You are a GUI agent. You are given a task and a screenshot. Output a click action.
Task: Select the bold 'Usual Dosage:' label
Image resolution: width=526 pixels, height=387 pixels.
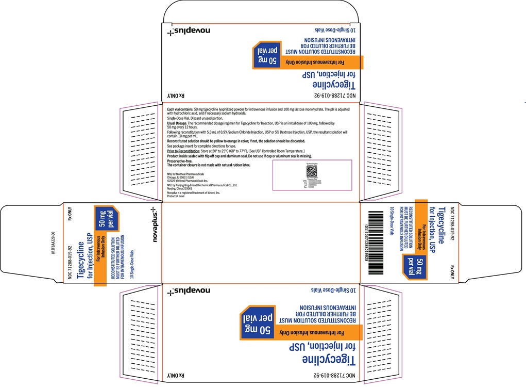[x=177, y=124]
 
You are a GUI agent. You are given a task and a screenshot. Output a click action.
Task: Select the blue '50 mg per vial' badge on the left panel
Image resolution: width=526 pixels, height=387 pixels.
[x=106, y=219]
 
